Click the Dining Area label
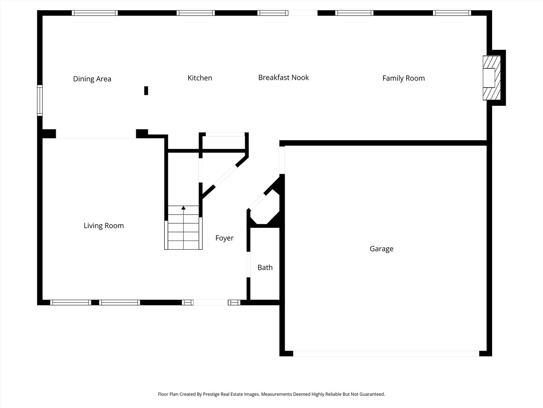92,79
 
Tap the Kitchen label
199,78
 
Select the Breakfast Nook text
284,77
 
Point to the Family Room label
403,78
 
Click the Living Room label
104,226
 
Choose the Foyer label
224,238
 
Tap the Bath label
265,267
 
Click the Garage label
382,249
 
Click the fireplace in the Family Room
492,78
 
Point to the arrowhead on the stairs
183,208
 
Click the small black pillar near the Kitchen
146,91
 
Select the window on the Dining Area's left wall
40,100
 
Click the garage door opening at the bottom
386,354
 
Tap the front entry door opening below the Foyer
211,303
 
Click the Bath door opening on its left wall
248,264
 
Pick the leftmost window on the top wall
95,13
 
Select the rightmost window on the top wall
452,13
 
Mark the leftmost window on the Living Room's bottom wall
71,303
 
